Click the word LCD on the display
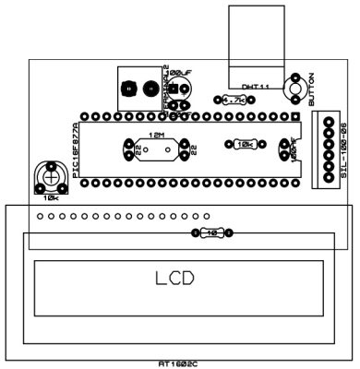[x=174, y=279]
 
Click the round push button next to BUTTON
[x=296, y=89]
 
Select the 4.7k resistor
[x=232, y=100]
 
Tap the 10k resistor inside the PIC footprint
[x=244, y=145]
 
